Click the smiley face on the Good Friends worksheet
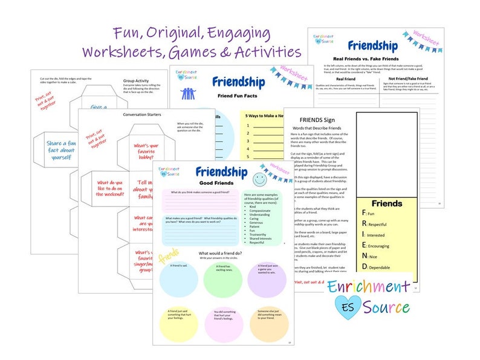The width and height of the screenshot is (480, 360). tap(259, 179)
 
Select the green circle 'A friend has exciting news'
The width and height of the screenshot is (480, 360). tap(223, 279)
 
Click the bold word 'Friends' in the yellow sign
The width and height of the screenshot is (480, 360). tap(386, 204)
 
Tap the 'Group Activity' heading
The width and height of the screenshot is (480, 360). tap(135, 78)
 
